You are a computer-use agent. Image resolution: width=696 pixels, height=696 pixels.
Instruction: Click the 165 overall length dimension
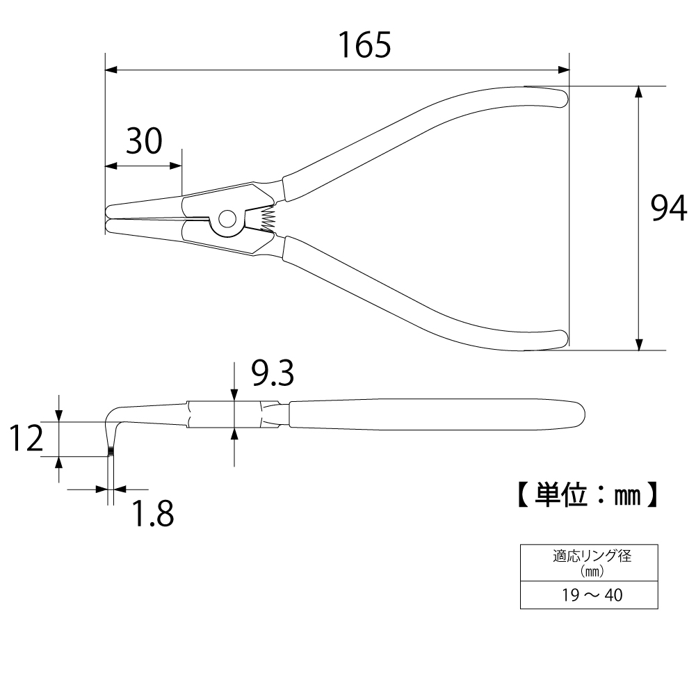(364, 45)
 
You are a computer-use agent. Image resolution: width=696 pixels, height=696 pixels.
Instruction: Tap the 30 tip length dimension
(144, 140)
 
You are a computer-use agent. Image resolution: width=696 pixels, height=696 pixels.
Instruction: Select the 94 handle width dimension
(668, 208)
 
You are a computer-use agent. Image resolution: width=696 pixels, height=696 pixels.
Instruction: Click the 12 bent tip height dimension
(26, 438)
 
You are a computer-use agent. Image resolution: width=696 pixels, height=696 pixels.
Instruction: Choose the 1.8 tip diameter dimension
(153, 514)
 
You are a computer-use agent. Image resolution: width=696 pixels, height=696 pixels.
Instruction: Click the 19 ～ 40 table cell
(589, 594)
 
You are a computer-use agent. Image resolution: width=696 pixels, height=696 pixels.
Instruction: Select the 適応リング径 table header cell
(589, 563)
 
